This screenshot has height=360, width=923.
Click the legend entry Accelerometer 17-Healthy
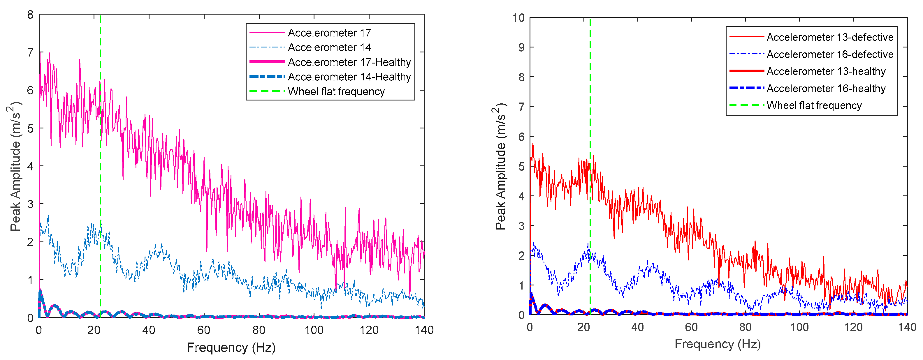pos(349,62)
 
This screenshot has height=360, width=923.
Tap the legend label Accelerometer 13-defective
pos(830,37)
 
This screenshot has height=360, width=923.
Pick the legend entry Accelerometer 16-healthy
pos(826,89)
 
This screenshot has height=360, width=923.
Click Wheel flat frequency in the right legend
pos(814,106)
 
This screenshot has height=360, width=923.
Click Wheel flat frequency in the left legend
pos(336,92)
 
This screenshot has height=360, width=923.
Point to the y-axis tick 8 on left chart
pos(31,15)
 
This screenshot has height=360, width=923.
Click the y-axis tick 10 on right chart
pos(518,17)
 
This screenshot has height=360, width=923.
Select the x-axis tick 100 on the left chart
pos(314,330)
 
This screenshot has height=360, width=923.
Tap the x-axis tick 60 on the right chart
pos(691,327)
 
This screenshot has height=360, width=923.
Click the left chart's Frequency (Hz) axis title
pos(231,347)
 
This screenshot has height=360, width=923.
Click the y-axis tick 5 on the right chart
pos(522,167)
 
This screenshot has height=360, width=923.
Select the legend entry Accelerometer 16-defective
pos(830,54)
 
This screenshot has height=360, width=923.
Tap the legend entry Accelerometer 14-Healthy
pos(349,77)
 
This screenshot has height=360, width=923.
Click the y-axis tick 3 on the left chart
pos(31,204)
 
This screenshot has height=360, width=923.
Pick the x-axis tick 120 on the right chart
pos(853,327)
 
